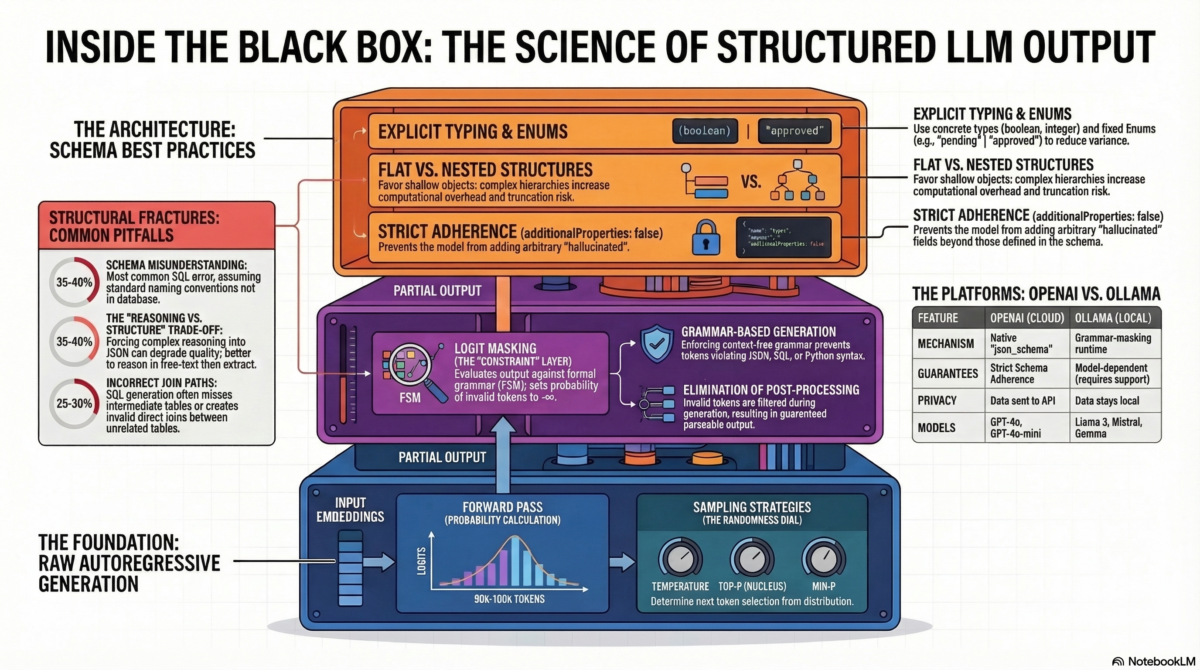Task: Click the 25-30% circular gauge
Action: [74, 403]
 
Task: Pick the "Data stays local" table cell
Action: [1107, 401]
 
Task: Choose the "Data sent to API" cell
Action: [1023, 401]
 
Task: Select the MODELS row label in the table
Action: [936, 428]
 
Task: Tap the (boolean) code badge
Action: [704, 131]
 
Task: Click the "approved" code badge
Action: [794, 131]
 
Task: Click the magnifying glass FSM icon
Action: [411, 369]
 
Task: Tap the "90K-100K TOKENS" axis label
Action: [509, 599]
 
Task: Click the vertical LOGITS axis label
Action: [421, 561]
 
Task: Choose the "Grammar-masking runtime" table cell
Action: [1113, 343]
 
